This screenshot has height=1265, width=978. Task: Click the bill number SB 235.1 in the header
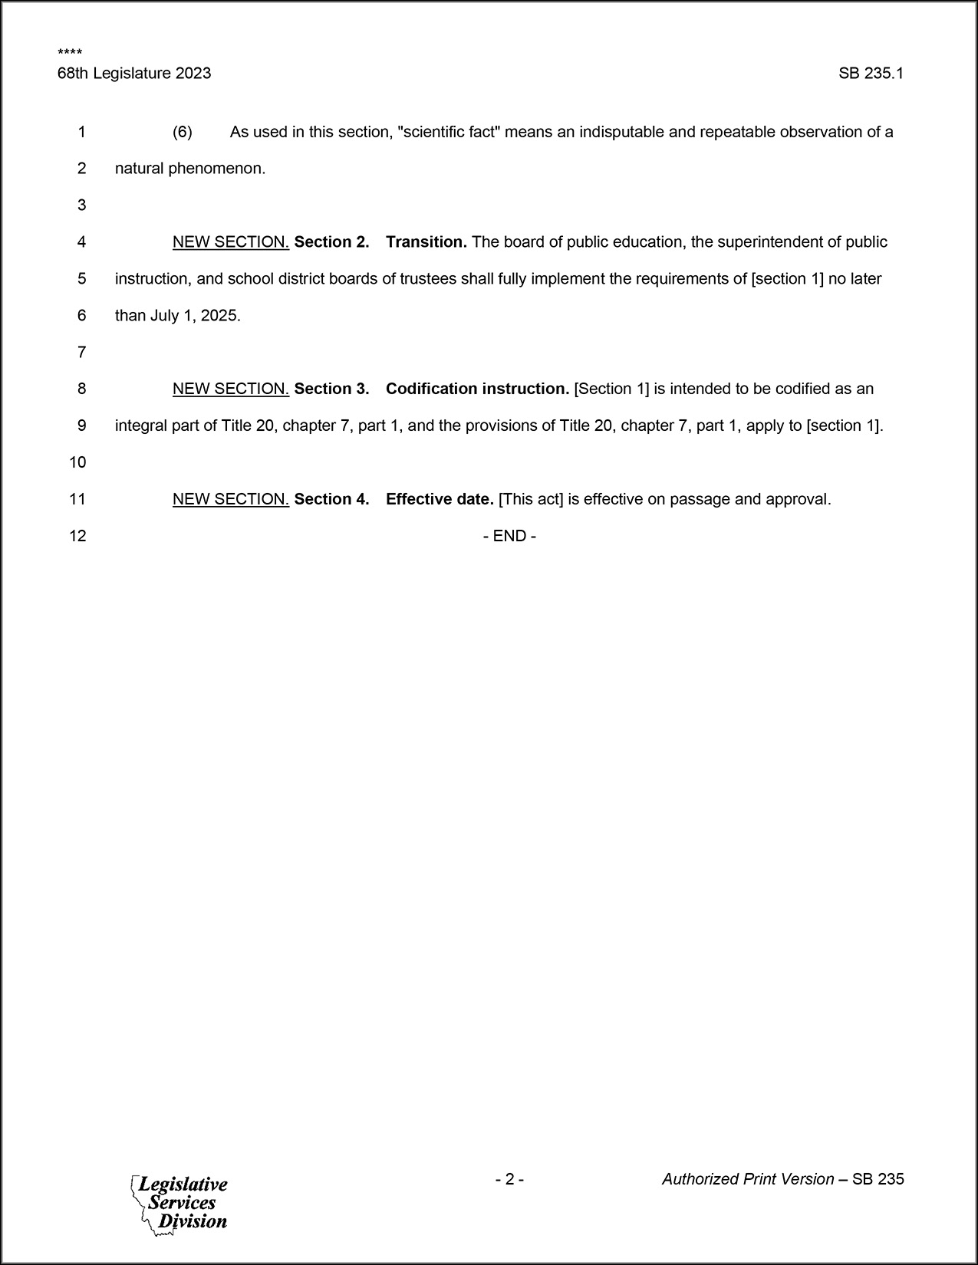871,74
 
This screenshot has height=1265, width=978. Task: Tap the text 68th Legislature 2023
134,74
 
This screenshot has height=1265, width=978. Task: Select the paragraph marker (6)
182,132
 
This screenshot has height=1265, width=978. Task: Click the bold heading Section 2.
331,242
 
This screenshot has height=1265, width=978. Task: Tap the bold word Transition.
426,242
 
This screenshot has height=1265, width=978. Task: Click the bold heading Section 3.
331,389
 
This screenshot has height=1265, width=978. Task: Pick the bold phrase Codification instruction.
477,389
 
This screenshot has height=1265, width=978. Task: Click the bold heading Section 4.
331,499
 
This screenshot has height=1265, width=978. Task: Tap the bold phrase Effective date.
440,499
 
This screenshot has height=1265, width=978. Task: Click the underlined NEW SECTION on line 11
230,499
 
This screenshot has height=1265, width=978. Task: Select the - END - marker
509,536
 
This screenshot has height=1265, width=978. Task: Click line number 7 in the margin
81,353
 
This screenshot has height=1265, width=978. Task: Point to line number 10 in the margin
78,462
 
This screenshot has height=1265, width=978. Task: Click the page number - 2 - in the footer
509,1179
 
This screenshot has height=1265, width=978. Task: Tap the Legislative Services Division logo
180,1203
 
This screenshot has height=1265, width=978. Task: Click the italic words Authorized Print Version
748,1179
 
